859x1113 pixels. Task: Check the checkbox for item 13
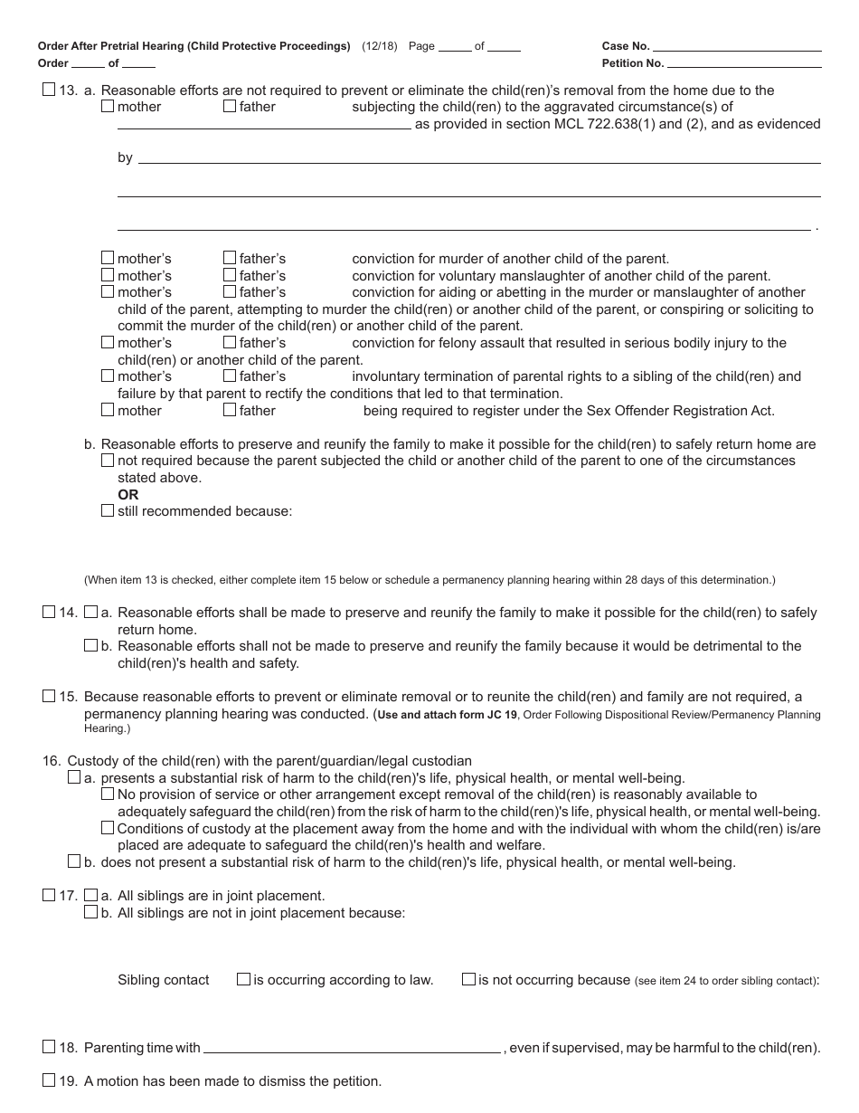49,90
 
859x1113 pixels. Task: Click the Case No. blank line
737,47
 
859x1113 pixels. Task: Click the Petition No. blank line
744,64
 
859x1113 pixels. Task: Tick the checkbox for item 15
49,697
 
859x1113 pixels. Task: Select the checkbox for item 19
49,1080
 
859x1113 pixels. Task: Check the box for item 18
49,1047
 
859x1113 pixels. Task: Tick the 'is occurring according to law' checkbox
243,979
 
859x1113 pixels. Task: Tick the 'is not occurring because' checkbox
468,979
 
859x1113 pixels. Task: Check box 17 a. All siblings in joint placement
90,896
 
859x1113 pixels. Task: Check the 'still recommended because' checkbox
108,510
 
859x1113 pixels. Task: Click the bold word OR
128,495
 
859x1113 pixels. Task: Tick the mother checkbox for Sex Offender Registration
108,410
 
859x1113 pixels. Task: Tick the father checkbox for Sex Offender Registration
230,410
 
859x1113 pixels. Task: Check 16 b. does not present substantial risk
74,861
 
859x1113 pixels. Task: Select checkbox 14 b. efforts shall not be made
90,646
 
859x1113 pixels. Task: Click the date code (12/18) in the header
380,46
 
